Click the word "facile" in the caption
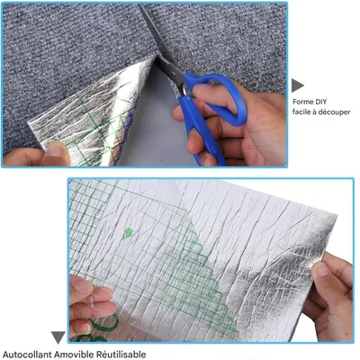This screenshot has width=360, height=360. coord(301,112)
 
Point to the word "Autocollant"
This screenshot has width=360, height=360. coord(26,355)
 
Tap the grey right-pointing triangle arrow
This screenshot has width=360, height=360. coord(297,85)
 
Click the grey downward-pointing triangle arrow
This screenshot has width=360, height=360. coord(58,337)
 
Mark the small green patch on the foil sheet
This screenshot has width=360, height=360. coord(128,233)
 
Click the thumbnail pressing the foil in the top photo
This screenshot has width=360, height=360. coord(56,149)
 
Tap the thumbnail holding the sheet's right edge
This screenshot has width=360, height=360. coord(321,269)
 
